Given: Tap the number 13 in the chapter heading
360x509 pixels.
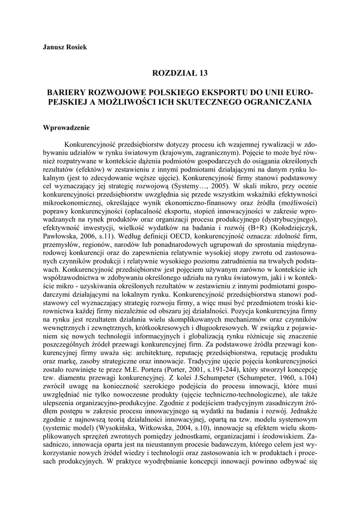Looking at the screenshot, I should [201, 73].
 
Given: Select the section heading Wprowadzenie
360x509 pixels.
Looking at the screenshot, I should [66, 127].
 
